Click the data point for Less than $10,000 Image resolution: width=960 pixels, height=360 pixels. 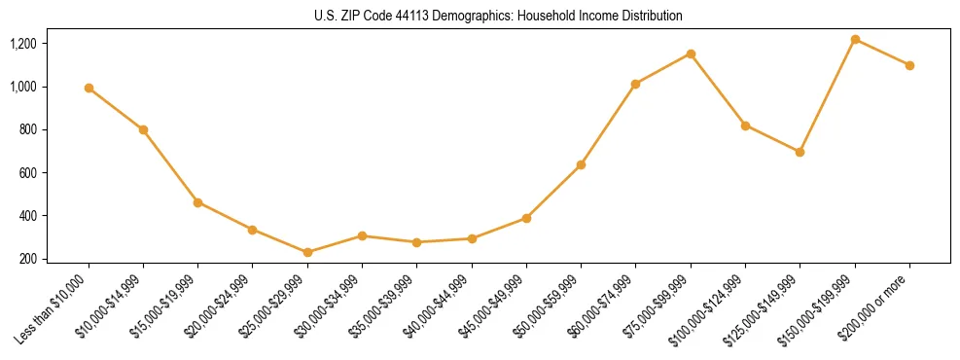click(x=89, y=88)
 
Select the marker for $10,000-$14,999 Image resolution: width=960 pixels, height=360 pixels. click(x=143, y=129)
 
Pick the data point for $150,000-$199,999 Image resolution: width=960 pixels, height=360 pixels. click(x=855, y=39)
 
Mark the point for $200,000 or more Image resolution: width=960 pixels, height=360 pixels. click(x=909, y=65)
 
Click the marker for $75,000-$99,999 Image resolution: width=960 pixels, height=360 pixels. click(x=691, y=54)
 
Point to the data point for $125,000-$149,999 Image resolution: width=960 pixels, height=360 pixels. click(x=800, y=152)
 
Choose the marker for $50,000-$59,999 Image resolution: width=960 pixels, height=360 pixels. click(x=581, y=164)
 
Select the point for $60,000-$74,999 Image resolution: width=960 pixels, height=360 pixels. click(x=635, y=84)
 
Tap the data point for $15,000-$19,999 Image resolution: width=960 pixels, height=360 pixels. click(x=197, y=202)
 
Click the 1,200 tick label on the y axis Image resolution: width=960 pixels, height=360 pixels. click(x=22, y=44)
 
